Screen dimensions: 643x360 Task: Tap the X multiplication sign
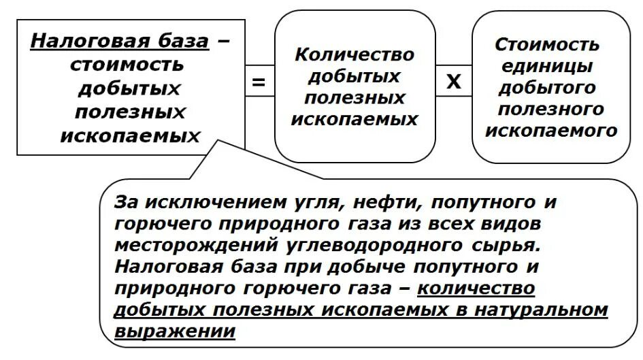pyautogui.click(x=453, y=83)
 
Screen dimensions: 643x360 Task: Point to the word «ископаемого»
pyautogui.click(x=551, y=130)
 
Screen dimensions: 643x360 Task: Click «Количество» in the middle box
pyautogui.click(x=355, y=55)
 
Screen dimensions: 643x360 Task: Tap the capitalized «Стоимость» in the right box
pyautogui.click(x=548, y=45)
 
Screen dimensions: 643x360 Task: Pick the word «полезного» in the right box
pyautogui.click(x=551, y=109)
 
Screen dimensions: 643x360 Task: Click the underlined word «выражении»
pyautogui.click(x=175, y=331)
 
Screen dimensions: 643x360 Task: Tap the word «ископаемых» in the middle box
pyautogui.click(x=355, y=120)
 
